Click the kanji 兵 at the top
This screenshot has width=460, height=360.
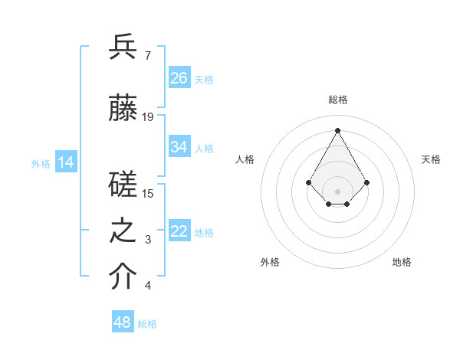coord(123,47)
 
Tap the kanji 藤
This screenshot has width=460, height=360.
coord(123,109)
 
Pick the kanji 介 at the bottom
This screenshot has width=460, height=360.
coord(123,278)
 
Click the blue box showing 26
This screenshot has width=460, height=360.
coord(179,77)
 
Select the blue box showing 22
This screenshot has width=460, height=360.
coord(179,231)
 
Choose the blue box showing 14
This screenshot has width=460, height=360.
coord(66,162)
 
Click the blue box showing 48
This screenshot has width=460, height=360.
coord(123,322)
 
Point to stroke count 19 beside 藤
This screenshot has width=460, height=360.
coord(148,117)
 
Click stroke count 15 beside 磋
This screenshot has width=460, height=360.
coord(148,194)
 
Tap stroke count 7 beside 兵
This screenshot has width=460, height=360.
coord(147,56)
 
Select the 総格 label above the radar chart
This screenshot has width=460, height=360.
coord(337,100)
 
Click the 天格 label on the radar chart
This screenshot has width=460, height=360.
coord(431,159)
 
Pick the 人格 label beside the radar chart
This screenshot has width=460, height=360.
coord(245,159)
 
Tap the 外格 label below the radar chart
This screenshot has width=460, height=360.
coord(270,262)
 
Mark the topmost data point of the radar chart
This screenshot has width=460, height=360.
coord(337,129)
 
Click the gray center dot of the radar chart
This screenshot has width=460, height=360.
coord(337,191)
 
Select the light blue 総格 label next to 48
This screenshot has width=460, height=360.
coord(147,324)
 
